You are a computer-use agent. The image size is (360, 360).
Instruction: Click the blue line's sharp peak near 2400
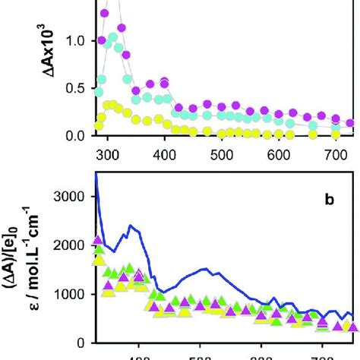pos(131,226)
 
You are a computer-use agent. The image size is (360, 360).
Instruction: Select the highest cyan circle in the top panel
pos(112,36)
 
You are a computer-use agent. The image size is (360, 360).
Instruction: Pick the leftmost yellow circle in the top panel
pos(99,125)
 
